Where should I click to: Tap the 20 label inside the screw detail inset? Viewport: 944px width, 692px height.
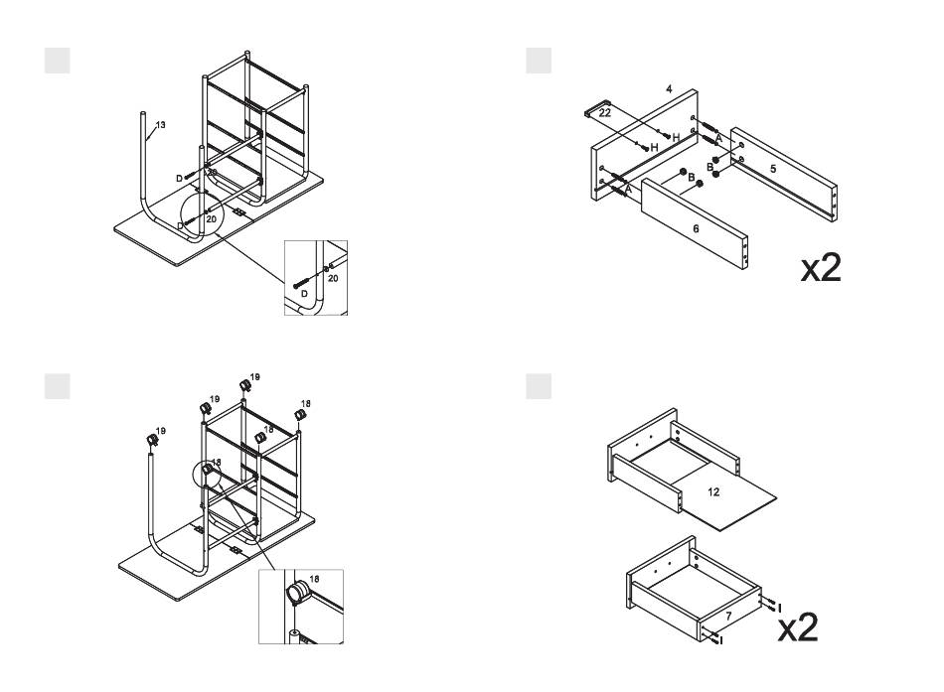coord(332,279)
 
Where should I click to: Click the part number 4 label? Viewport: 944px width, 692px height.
coord(670,90)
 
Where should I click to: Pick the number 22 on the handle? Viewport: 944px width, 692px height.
coord(604,114)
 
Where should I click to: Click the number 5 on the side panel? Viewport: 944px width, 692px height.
coord(773,169)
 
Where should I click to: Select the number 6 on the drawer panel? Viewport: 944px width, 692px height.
coord(696,228)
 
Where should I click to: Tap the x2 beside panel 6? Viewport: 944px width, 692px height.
coord(821,268)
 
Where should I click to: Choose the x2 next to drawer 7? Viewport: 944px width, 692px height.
coord(798,628)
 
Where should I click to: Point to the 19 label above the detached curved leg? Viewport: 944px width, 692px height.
coord(161,431)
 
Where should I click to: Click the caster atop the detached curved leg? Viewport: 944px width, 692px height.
coord(153,440)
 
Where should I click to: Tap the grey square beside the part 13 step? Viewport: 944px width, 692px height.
coord(57,59)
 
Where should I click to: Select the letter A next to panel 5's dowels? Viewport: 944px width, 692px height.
coord(719,137)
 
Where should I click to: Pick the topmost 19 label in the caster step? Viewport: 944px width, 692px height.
coord(255,377)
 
